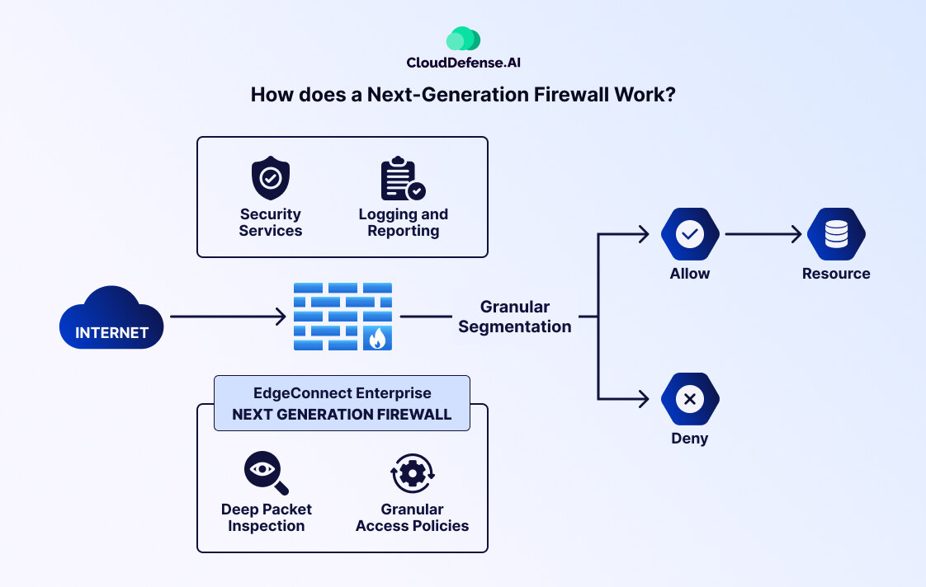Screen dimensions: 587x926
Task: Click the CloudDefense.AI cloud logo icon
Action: (x=463, y=39)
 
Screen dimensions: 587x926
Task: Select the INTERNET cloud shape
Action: (x=111, y=319)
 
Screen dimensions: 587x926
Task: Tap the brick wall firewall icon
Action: (x=343, y=317)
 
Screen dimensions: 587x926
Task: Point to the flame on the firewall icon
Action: (x=378, y=338)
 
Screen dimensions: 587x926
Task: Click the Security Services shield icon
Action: (x=270, y=178)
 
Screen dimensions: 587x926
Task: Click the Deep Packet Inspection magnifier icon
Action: (x=266, y=474)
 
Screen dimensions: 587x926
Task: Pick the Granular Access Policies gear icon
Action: (x=412, y=474)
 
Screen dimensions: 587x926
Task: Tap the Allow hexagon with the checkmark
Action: (x=690, y=235)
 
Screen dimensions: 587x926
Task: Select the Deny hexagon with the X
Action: (x=690, y=400)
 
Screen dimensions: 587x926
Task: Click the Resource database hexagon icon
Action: (x=836, y=235)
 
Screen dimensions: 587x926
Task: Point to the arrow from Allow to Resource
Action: (x=763, y=235)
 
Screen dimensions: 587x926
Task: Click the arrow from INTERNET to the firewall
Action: (x=228, y=317)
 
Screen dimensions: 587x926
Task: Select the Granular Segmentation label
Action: (x=515, y=317)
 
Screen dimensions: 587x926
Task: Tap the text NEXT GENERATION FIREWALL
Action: (x=342, y=415)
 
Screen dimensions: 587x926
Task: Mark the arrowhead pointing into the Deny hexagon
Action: (x=645, y=400)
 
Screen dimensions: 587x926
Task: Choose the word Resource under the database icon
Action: (x=836, y=274)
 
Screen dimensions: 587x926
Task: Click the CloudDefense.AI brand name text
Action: (x=463, y=63)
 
